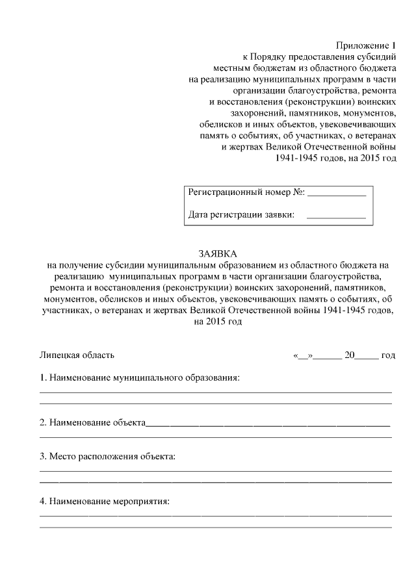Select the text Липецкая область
coord(77,355)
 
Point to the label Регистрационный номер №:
coord(246,192)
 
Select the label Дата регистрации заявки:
coord(241,214)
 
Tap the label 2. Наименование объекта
coord(92,422)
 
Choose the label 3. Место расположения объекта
coord(108,457)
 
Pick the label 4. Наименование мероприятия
coord(105,502)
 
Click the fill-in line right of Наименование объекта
coord(267,424)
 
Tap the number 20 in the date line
coord(350,355)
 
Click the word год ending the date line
coord(388,355)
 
